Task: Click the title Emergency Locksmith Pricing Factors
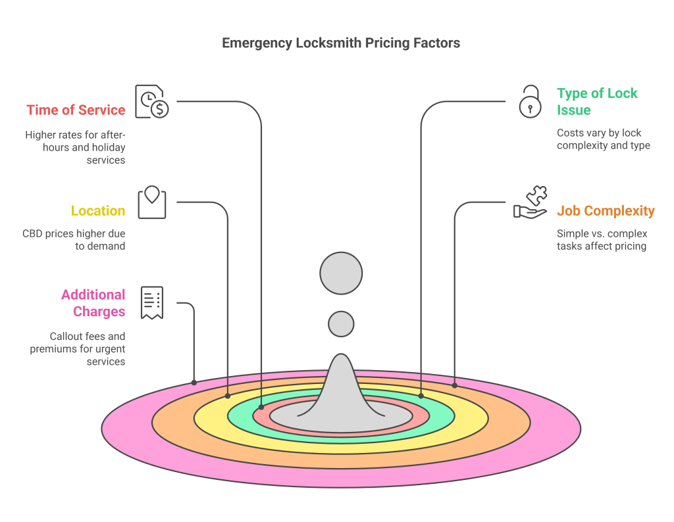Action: click(x=340, y=43)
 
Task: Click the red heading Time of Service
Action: click(x=76, y=110)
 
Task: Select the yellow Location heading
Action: click(x=98, y=211)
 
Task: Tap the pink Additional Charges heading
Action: click(x=93, y=302)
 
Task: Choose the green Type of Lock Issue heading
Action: click(x=597, y=101)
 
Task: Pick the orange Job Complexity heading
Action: click(x=606, y=211)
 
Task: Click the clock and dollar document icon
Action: click(x=151, y=102)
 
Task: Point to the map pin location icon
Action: click(x=152, y=202)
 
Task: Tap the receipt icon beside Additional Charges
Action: click(x=152, y=302)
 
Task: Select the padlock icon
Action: click(x=529, y=102)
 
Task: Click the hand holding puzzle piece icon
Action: click(x=531, y=202)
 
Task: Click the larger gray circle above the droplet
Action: click(x=341, y=273)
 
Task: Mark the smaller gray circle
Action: click(x=341, y=324)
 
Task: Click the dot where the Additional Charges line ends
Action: click(x=194, y=382)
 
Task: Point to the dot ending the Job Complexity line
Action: click(x=454, y=385)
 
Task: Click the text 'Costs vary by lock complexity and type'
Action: click(x=603, y=139)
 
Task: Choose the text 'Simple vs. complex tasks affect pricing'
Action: click(x=602, y=240)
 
